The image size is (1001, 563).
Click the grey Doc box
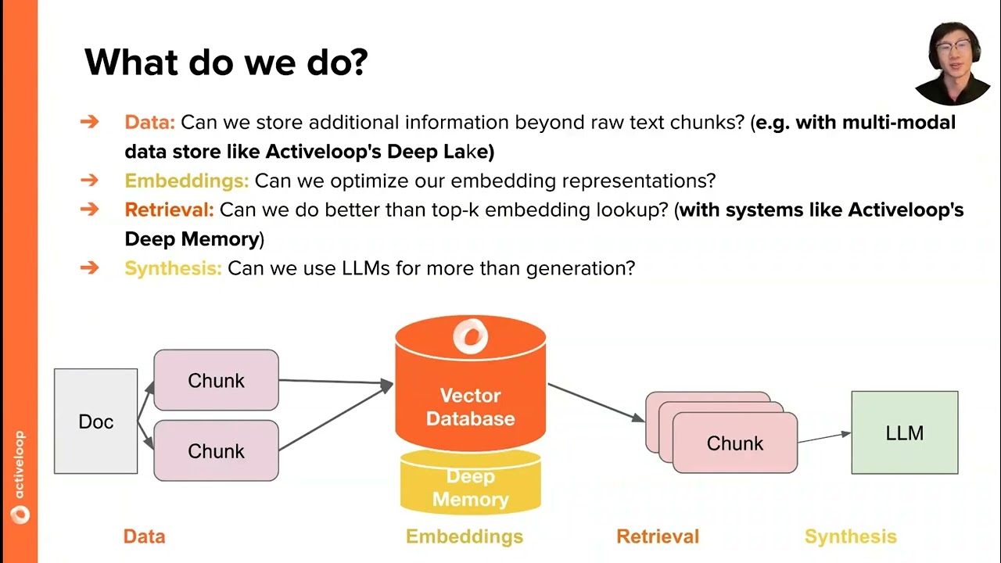coord(95,421)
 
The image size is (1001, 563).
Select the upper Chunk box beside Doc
coord(217,380)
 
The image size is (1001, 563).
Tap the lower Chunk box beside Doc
coord(217,450)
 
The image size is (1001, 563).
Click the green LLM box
coord(905,432)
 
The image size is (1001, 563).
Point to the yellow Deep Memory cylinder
coord(471,482)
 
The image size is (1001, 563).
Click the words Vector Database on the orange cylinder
coord(471,407)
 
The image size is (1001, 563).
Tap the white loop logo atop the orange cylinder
coord(471,335)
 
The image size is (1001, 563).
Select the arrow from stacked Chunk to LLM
coord(824,437)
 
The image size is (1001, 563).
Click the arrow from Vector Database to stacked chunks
coord(596,402)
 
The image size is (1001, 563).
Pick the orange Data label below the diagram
coord(145,536)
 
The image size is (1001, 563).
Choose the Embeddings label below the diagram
coord(465,536)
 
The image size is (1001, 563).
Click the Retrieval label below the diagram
coord(658,536)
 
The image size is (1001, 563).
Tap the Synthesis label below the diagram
coord(850,536)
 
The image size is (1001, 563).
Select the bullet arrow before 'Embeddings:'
coord(89,180)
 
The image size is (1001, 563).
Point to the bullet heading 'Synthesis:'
coord(173,268)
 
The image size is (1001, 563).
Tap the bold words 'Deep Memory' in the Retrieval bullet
coord(192,239)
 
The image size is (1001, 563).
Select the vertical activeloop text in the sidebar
coord(20,464)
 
